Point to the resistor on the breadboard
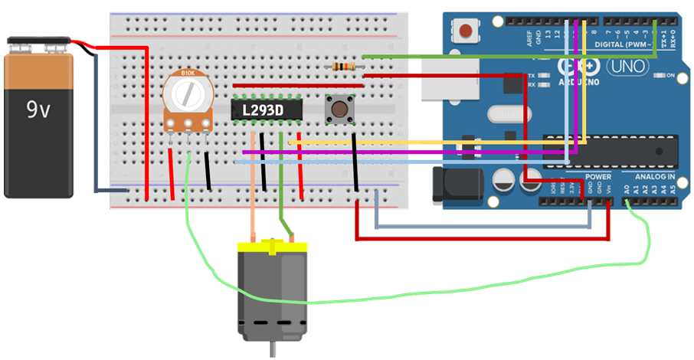tap(343, 67)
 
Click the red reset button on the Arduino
tap(465, 31)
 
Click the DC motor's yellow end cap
tap(272, 247)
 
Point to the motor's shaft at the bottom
tap(272, 349)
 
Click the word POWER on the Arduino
tap(598, 177)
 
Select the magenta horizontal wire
tap(414, 152)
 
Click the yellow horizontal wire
tap(429, 142)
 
